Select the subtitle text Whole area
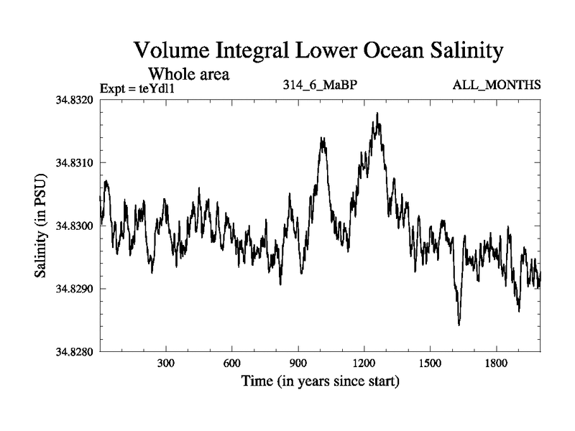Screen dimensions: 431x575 tap(188, 73)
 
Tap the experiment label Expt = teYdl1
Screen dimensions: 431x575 tap(137, 89)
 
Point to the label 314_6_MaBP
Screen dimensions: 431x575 tap(321, 85)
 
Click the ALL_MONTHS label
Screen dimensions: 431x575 tap(496, 85)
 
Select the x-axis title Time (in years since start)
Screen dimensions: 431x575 tap(320, 381)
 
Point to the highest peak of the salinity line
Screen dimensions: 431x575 tap(377, 113)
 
